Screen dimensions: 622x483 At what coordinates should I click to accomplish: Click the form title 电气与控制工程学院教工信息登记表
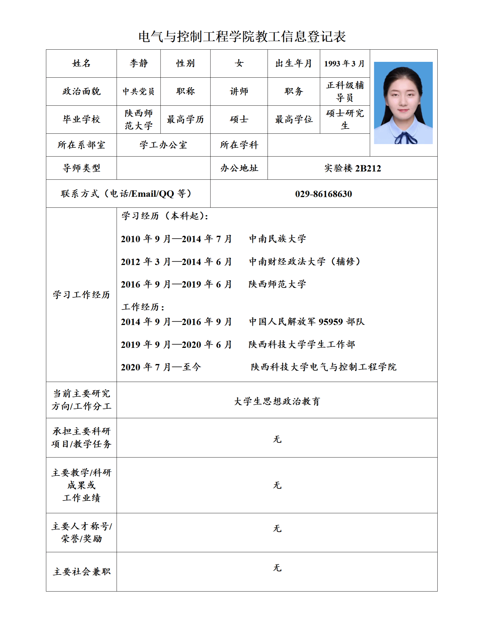pos(242,37)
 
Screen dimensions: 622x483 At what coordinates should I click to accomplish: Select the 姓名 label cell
pos(81,63)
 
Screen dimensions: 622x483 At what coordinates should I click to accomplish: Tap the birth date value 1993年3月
pos(344,63)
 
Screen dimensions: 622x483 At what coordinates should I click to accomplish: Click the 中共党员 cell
pos(139,91)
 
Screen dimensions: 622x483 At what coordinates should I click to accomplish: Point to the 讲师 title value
pos(239,91)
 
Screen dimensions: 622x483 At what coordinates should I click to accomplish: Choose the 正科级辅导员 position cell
pos(345,91)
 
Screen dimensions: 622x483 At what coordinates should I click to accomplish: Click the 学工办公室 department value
pos(163,145)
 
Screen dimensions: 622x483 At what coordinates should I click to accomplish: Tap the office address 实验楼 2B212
pos(352,168)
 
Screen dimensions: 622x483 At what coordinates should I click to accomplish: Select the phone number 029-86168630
pos(323,194)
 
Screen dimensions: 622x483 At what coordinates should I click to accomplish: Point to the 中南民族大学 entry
pos(277,239)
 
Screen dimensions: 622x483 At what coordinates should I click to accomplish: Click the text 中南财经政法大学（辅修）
pos(305,262)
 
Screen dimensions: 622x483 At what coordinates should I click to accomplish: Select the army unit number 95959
pos(331,322)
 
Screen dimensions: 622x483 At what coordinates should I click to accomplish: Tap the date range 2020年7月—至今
pos(161,367)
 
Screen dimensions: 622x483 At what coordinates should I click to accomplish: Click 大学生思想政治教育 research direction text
pos(277,401)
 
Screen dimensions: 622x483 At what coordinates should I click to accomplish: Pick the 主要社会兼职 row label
pos(81,572)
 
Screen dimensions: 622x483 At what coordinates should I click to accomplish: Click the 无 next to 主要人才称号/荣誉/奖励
pos(277,528)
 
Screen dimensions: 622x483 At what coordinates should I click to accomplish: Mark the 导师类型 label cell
pos(81,168)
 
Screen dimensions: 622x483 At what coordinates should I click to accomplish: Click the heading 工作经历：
pos(143,307)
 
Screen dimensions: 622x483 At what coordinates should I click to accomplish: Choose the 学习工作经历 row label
pos(81,295)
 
